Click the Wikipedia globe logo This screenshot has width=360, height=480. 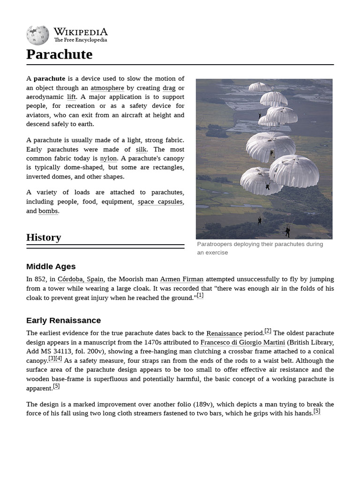(37, 35)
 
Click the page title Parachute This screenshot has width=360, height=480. (59, 54)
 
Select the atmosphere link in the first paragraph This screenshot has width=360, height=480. (107, 88)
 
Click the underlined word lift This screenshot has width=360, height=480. (71, 97)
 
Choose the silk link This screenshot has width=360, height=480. (141, 150)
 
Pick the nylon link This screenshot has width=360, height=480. (108, 158)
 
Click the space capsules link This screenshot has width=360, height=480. (160, 202)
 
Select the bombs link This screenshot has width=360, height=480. (48, 211)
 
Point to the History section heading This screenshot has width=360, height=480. (44, 237)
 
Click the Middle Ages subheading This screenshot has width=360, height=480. (51, 266)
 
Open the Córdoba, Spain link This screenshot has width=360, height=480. (80, 279)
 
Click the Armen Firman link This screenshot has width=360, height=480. (181, 279)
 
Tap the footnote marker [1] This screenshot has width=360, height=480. (200, 295)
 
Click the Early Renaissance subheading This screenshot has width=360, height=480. (63, 320)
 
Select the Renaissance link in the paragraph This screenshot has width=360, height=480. (224, 333)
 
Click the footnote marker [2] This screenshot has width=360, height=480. (268, 331)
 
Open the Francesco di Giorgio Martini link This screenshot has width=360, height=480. (242, 343)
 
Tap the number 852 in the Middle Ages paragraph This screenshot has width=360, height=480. (41, 279)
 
